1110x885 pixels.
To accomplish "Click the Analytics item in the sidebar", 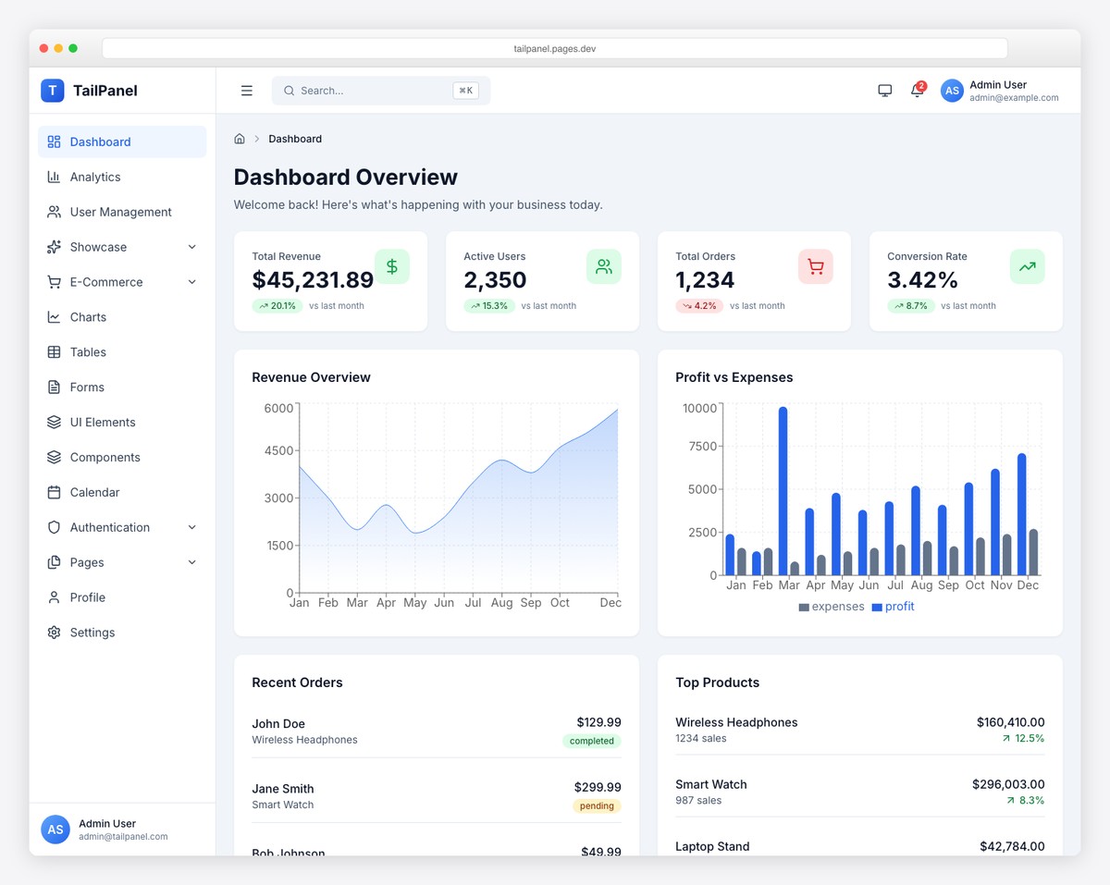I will pos(95,177).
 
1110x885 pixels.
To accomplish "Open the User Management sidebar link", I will pos(120,212).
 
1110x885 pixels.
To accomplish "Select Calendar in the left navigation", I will pos(94,492).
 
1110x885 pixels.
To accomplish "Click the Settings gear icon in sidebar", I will pos(54,633).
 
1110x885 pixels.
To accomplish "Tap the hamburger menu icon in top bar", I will pos(247,91).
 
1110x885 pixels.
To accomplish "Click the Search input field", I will pos(370,91).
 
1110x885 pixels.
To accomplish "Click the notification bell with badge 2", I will pos(917,91).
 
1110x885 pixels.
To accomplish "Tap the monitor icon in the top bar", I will pos(884,91).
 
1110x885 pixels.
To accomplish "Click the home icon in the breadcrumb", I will pos(240,139).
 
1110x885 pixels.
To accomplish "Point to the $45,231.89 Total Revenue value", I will pos(313,280).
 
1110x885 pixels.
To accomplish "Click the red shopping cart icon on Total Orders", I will pos(815,267).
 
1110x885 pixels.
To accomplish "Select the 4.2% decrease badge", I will pos(699,306).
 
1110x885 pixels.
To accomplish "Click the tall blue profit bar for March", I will pos(783,490).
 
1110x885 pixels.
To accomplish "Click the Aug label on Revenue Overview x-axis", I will pos(501,603).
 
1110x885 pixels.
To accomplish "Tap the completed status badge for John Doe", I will pos(591,741).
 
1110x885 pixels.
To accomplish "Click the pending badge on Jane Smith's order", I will pos(597,805).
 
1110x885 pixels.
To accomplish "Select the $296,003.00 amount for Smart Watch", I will pos(1007,784).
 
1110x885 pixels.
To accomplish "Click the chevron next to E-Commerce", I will pos(192,282).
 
